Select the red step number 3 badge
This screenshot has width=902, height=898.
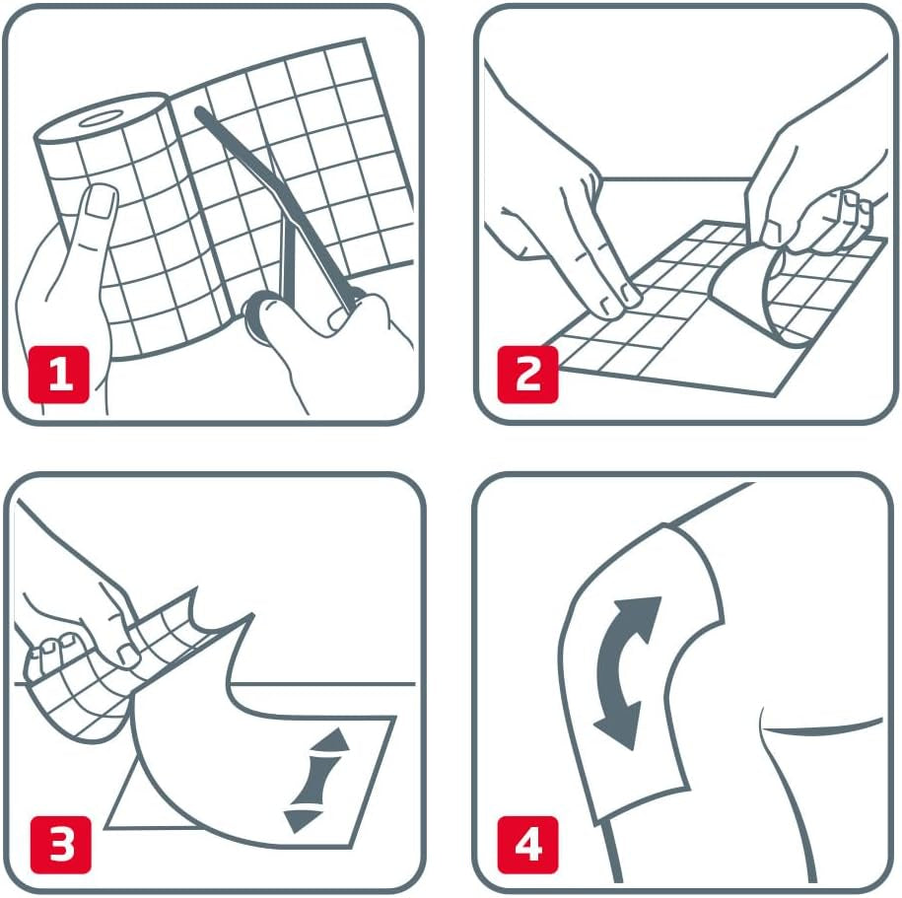61,844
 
